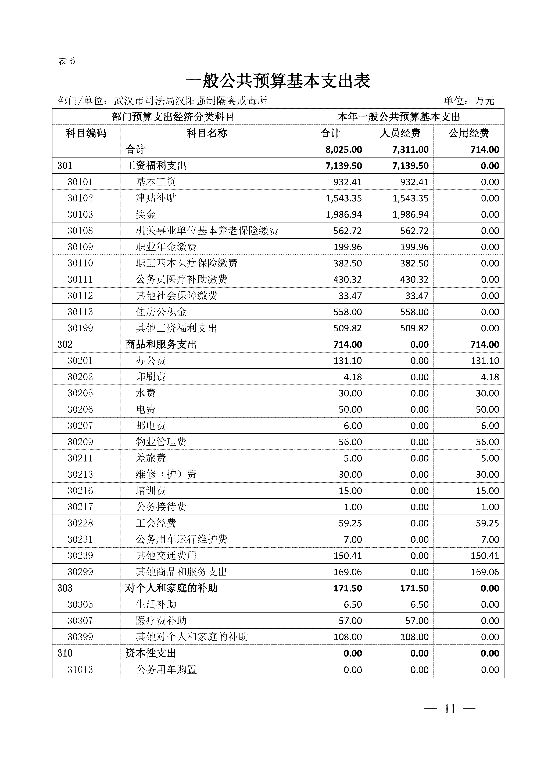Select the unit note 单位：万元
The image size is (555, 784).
(469, 101)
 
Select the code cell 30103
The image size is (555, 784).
(80, 214)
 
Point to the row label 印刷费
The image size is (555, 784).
(151, 377)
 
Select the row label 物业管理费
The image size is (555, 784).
(161, 442)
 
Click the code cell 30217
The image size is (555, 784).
(80, 507)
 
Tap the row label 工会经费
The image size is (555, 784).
(156, 523)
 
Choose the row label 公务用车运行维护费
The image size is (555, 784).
(181, 540)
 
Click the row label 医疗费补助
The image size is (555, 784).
(161, 621)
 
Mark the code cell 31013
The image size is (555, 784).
(80, 670)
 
